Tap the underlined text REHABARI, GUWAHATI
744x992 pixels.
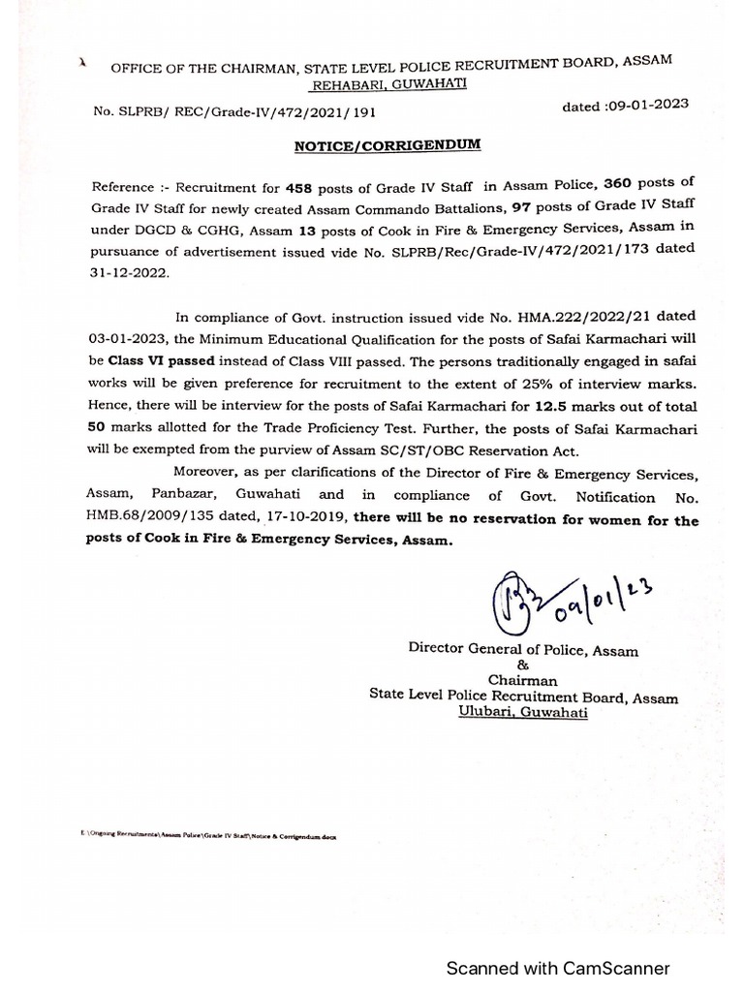(x=388, y=83)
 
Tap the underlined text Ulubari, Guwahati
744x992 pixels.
(x=523, y=713)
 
